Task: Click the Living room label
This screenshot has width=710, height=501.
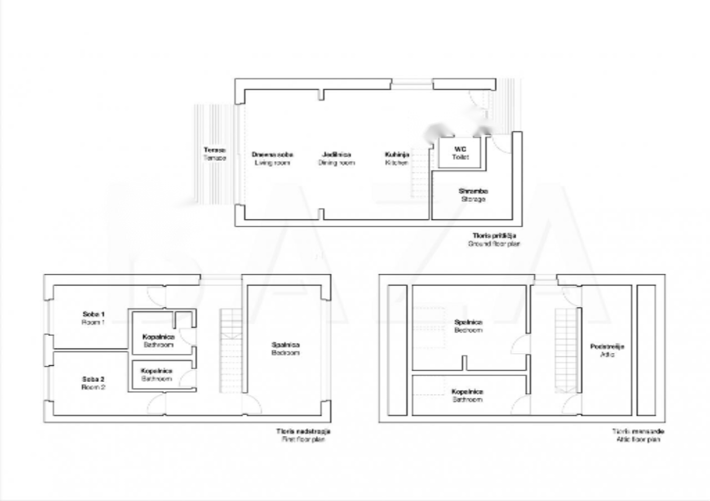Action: point(272,159)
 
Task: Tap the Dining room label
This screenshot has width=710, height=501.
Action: point(336,159)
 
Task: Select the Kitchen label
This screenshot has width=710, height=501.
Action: point(397,159)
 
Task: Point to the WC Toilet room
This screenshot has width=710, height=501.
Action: point(460,153)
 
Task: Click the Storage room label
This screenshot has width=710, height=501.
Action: point(473,195)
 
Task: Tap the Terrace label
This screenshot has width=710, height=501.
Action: point(215,154)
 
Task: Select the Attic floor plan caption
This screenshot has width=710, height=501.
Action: point(638,435)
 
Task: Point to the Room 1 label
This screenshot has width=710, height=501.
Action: point(93,318)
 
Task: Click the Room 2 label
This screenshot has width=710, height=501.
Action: point(93,383)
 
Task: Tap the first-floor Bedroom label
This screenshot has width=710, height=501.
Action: point(286,349)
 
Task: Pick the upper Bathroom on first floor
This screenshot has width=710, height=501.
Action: point(158,340)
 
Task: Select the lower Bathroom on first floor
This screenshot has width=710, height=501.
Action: point(156,375)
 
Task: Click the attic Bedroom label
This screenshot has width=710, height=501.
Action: point(468,326)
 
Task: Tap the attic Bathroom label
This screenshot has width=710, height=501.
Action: point(467,395)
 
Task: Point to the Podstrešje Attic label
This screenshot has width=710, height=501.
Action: point(607,350)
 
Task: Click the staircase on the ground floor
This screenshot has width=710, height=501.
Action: point(420,173)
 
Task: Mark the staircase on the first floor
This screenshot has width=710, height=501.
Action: point(231,350)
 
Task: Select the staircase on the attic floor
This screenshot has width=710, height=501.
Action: point(566,350)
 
